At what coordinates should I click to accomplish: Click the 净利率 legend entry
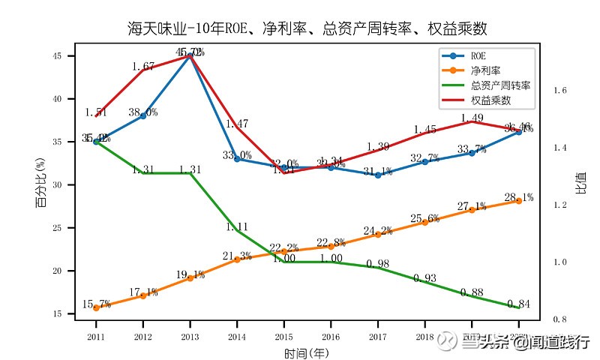[484, 70]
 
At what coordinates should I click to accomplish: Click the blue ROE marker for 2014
[237, 159]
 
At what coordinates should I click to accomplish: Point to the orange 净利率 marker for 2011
[96, 307]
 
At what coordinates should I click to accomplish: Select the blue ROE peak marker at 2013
[190, 55]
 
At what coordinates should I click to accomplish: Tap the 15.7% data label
[96, 304]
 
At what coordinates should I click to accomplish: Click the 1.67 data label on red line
[142, 67]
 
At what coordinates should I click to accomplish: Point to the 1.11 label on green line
[237, 226]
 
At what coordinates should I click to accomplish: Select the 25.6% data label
[424, 218]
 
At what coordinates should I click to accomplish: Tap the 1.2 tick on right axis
[559, 205]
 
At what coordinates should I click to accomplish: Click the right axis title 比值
[581, 183]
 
